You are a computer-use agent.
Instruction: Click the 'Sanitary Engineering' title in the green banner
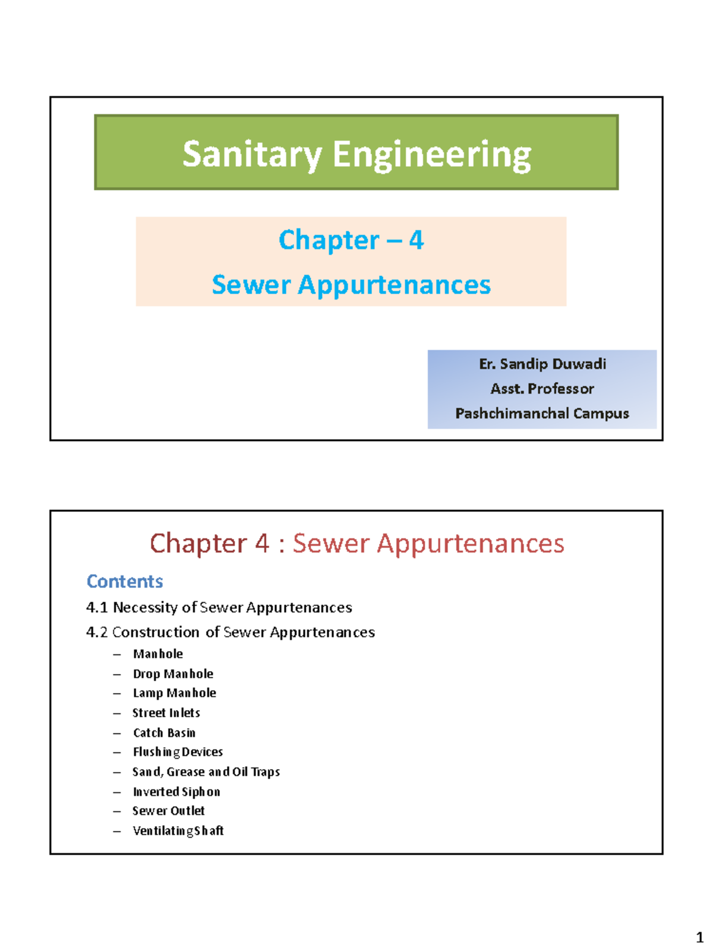356,154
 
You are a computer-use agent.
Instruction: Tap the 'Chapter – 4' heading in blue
351,240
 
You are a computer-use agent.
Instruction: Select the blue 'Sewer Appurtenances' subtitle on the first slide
351,285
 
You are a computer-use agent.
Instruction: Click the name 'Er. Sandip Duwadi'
542,364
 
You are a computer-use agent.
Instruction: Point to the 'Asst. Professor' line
542,389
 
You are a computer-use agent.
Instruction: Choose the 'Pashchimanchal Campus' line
542,413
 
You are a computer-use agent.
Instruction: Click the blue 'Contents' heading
125,581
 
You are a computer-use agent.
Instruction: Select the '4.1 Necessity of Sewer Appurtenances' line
219,607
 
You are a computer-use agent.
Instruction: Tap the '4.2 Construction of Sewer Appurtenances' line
231,632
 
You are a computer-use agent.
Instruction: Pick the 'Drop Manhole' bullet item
173,673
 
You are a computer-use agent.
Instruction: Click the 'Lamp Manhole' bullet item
174,693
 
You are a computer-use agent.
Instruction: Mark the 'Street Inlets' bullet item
166,713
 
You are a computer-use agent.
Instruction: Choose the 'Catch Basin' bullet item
164,732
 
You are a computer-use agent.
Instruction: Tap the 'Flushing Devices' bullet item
178,752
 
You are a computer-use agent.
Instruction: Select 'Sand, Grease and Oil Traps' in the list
206,771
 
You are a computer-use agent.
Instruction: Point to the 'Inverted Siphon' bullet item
176,792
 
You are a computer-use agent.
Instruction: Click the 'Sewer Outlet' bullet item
168,811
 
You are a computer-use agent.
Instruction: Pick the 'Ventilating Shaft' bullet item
178,830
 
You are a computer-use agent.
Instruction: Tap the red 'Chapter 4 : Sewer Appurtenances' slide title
356,543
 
